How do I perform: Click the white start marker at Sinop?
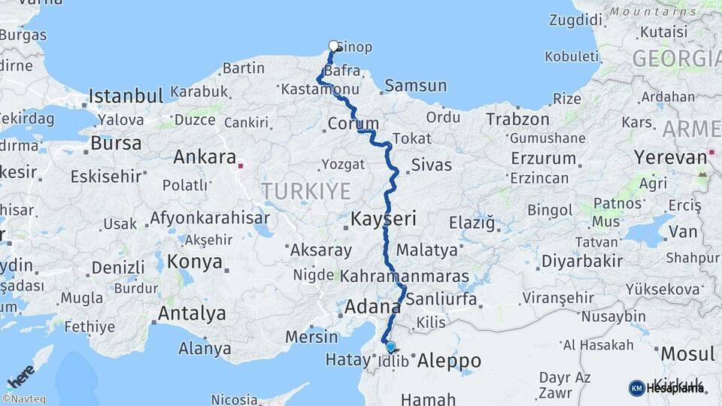334,46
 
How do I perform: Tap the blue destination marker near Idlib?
390,347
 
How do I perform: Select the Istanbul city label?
126,96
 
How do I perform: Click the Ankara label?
205,157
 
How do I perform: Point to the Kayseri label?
384,220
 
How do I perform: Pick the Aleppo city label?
449,361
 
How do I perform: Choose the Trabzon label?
517,119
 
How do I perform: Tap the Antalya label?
191,313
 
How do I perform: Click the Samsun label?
415,86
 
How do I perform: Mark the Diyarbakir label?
582,261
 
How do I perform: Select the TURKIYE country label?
296,192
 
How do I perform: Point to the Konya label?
195,262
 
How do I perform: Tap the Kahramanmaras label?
405,277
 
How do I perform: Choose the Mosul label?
687,353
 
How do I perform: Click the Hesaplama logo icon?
636,388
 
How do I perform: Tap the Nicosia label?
235,398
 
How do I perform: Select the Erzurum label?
542,159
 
